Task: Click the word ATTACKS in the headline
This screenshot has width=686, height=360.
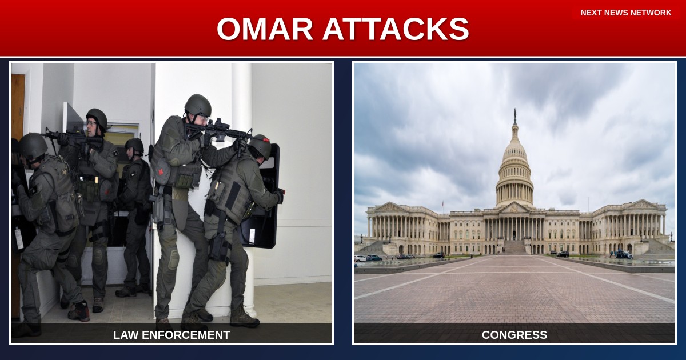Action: (x=396, y=29)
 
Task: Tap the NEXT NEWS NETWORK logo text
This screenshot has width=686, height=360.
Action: (x=625, y=13)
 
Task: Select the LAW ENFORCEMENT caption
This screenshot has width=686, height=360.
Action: (x=171, y=335)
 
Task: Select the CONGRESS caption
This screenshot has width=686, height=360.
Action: (x=514, y=335)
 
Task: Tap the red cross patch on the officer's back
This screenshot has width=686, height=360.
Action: (x=162, y=171)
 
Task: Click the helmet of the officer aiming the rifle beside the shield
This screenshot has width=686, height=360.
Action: (x=198, y=105)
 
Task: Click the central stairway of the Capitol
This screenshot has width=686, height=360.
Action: (x=514, y=247)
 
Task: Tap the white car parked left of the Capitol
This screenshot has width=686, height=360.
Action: (x=360, y=258)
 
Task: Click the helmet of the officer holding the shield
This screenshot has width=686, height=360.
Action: (x=261, y=146)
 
